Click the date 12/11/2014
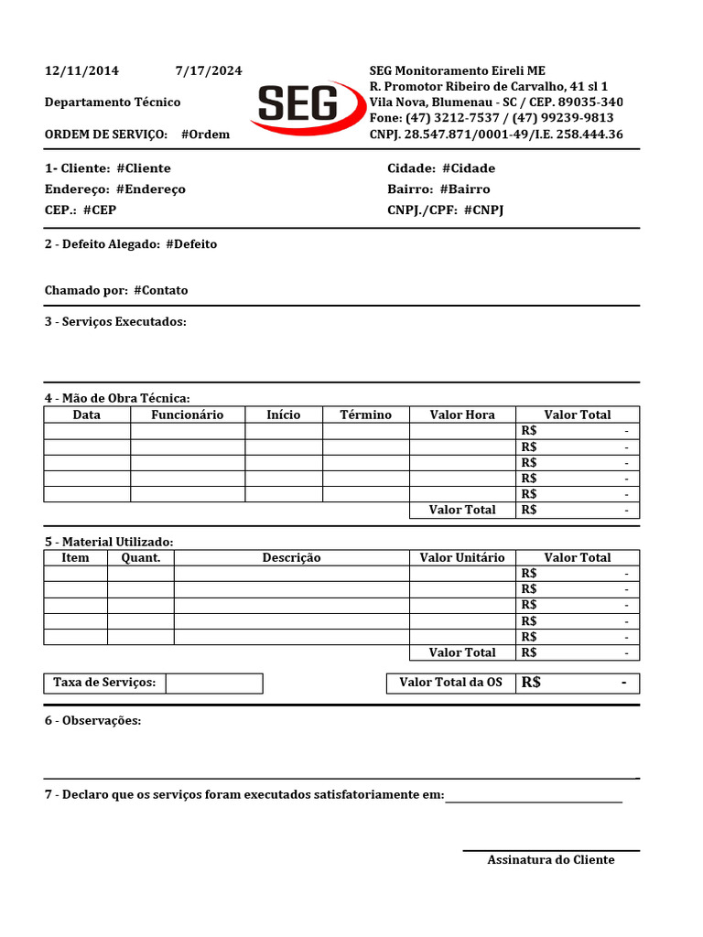coord(81,71)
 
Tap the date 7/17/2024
coord(209,71)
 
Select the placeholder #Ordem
coord(205,135)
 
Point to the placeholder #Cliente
coord(144,168)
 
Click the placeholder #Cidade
coord(468,168)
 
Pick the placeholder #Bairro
coord(465,189)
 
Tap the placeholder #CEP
coord(100,210)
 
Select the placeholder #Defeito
coord(191,244)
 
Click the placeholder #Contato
coord(160,290)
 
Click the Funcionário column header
coord(187,415)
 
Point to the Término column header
coord(365,415)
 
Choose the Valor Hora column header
coord(462,415)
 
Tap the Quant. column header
coord(140,557)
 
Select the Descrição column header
coord(291,557)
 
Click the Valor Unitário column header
coord(462,557)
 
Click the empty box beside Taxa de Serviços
coord(214,684)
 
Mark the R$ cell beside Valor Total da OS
coord(578,683)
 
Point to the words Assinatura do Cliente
coord(551,859)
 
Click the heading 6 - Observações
coord(92,721)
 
